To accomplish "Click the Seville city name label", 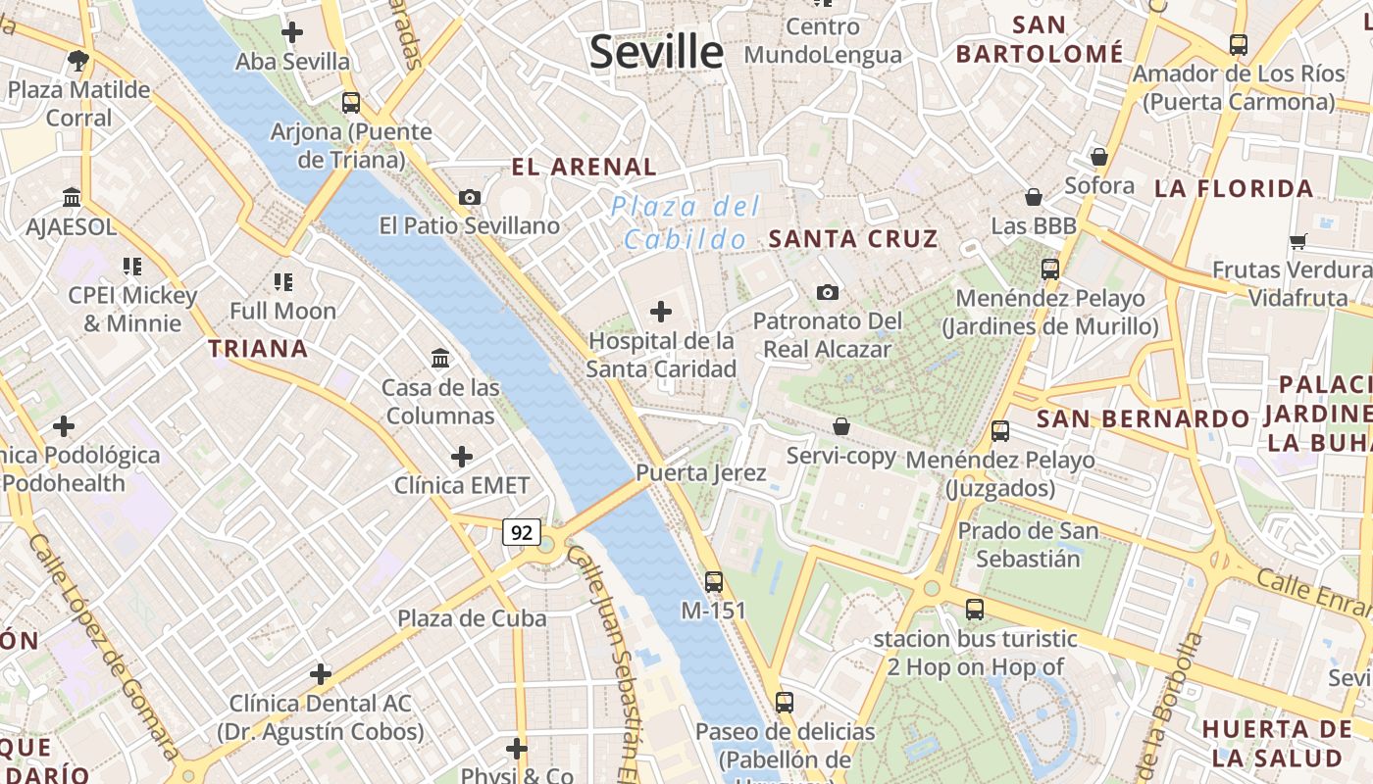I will coord(656,51).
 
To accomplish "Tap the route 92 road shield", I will coord(522,532).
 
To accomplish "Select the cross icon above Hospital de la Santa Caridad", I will coord(661,312).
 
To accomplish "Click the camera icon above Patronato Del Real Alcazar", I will coord(828,292).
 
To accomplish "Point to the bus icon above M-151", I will coord(714,581).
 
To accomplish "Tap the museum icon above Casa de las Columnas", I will coord(440,358).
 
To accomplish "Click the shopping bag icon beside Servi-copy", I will coord(841,426).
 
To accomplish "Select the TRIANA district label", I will coord(258,348).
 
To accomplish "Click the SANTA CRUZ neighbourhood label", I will coord(853,238).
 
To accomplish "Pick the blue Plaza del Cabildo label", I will coord(686,222).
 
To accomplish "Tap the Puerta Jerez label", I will coord(700,472).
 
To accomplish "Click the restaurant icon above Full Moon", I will coord(283,282).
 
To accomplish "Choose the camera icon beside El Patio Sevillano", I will coord(470,197).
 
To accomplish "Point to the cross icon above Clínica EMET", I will coord(461,457).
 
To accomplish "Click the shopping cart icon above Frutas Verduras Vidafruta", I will coord(1297,241).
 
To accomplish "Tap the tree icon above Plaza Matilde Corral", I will coord(78,61).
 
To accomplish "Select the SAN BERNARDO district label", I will coord(1144,418).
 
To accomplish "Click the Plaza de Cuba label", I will coord(472,618).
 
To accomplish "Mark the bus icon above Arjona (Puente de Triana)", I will coord(351,102).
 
